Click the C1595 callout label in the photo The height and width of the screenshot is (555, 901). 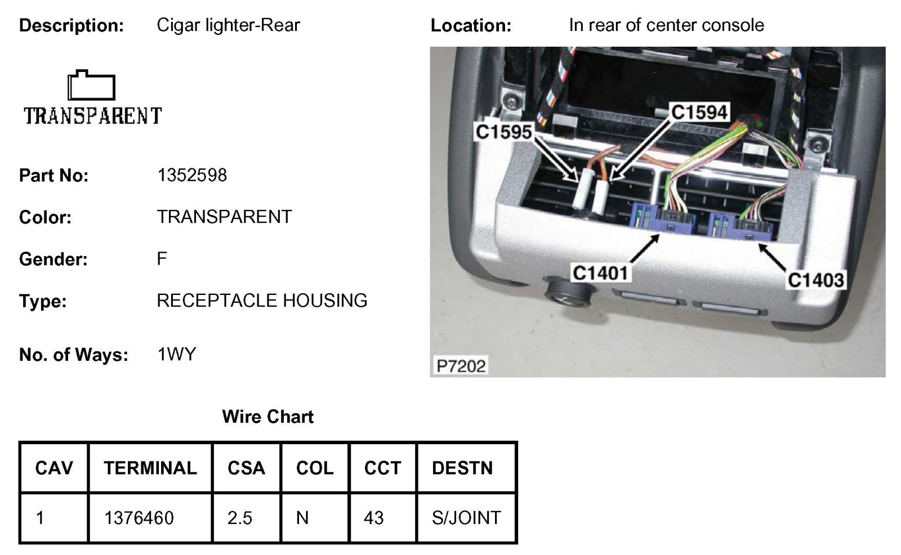pyautogui.click(x=503, y=132)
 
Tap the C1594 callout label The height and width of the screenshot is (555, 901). pyautogui.click(x=699, y=113)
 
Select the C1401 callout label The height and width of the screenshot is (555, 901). pyautogui.click(x=600, y=274)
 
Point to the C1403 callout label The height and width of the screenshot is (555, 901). pyautogui.click(x=815, y=280)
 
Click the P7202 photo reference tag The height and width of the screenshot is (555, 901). pyautogui.click(x=461, y=366)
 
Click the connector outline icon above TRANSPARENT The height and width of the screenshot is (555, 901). pyautogui.click(x=91, y=86)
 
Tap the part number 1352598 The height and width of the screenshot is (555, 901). pyautogui.click(x=192, y=176)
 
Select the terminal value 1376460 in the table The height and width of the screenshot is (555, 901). pyautogui.click(x=139, y=518)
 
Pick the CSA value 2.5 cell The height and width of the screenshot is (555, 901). pyautogui.click(x=240, y=518)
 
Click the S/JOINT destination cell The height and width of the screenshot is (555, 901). pyautogui.click(x=466, y=518)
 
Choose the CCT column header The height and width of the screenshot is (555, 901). pyautogui.click(x=382, y=468)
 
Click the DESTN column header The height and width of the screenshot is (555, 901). pyautogui.click(x=462, y=468)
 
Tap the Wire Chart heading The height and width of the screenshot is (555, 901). pyautogui.click(x=267, y=417)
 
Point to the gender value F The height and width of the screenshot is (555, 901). pyautogui.click(x=162, y=259)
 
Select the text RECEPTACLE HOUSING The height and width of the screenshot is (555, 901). pyautogui.click(x=262, y=301)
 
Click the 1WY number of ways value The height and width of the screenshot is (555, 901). pyautogui.click(x=177, y=355)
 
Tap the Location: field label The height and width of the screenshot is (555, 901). pyautogui.click(x=471, y=26)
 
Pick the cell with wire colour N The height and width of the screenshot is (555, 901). pyautogui.click(x=302, y=518)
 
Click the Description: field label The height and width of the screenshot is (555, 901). pyautogui.click(x=72, y=26)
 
